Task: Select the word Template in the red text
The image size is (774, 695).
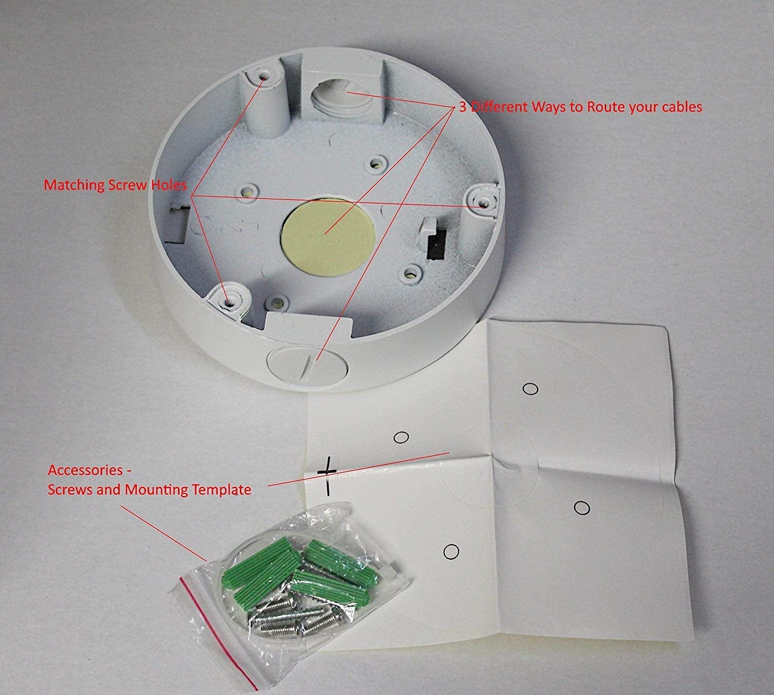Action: pyautogui.click(x=221, y=489)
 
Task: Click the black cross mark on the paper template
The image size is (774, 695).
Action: pyautogui.click(x=326, y=473)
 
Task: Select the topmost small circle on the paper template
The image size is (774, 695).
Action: pyautogui.click(x=530, y=388)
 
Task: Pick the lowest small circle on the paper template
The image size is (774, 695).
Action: pyautogui.click(x=451, y=551)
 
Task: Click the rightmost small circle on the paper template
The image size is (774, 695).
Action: pyautogui.click(x=582, y=508)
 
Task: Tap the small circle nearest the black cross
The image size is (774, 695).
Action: pyautogui.click(x=401, y=437)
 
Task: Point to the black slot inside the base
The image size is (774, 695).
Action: pyautogui.click(x=437, y=244)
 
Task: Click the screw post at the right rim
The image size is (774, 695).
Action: pyautogui.click(x=482, y=202)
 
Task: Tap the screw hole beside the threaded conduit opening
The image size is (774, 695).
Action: pyautogui.click(x=264, y=76)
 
